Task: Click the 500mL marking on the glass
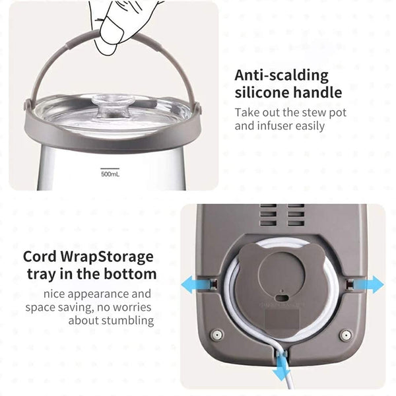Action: (110, 174)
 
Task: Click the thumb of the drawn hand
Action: (111, 35)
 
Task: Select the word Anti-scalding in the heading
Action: (282, 75)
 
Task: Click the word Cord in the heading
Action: (40, 257)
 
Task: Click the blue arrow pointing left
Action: (195, 285)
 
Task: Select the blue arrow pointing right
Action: (369, 284)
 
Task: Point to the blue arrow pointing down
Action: (281, 367)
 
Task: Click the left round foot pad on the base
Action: (217, 335)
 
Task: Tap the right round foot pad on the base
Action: (345, 335)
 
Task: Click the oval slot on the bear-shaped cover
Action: (282, 298)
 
